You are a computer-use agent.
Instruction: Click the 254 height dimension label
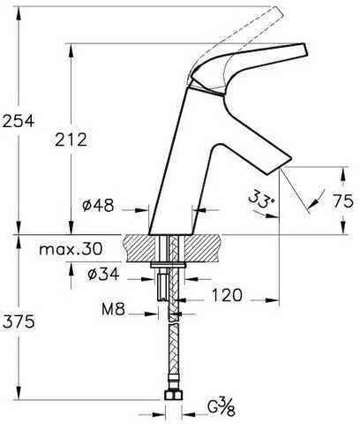point(19,121)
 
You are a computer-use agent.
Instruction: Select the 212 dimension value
point(71,140)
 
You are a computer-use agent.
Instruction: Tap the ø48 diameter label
point(98,205)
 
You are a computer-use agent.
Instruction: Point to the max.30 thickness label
point(71,249)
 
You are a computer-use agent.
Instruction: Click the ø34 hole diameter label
point(103,274)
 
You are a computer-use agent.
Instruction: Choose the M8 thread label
point(114,309)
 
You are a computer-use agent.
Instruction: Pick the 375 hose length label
point(19,322)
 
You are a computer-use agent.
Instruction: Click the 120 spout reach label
point(227,295)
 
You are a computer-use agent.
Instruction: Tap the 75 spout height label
point(343,201)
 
